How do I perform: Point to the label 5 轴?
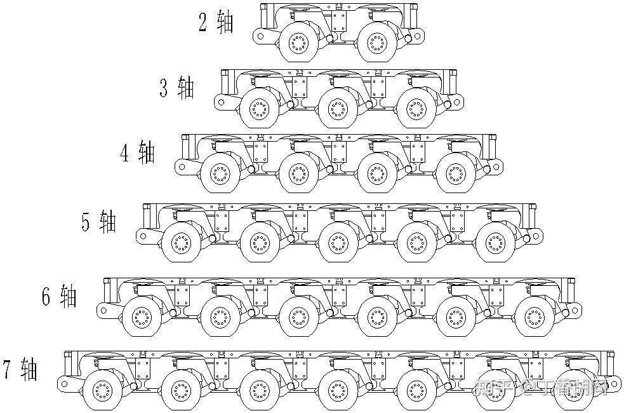point(99,221)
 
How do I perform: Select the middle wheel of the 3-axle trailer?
point(336,108)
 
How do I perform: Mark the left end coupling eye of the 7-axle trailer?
point(63,383)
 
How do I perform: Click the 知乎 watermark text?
point(493,386)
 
